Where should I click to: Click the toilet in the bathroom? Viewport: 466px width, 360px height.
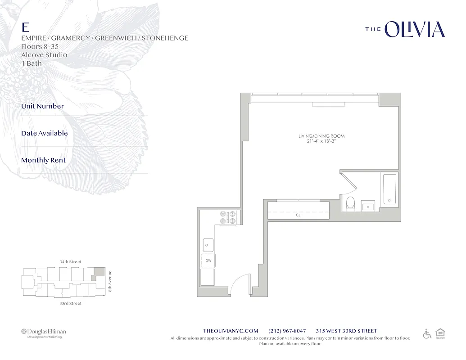[x=350, y=203]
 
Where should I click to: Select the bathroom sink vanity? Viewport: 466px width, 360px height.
[x=368, y=206]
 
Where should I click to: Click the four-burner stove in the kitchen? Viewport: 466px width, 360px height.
[x=227, y=217]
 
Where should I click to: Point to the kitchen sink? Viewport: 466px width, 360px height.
[x=208, y=245]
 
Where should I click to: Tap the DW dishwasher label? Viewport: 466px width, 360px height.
[x=208, y=261]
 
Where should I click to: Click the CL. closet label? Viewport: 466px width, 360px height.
[x=299, y=215]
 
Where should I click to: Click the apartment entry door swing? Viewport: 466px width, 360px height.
[x=240, y=284]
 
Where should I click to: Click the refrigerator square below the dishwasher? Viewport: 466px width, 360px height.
[x=208, y=277]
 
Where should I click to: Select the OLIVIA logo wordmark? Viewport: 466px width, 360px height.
[x=414, y=30]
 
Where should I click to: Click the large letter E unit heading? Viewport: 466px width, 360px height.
[x=26, y=27]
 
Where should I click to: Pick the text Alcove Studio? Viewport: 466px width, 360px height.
[x=44, y=55]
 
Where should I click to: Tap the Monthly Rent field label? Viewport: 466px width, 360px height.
[x=43, y=160]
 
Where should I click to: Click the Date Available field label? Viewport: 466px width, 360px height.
[x=44, y=133]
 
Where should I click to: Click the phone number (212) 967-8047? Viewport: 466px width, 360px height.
[x=287, y=331]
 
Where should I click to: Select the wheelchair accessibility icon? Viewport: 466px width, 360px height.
[x=427, y=333]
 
